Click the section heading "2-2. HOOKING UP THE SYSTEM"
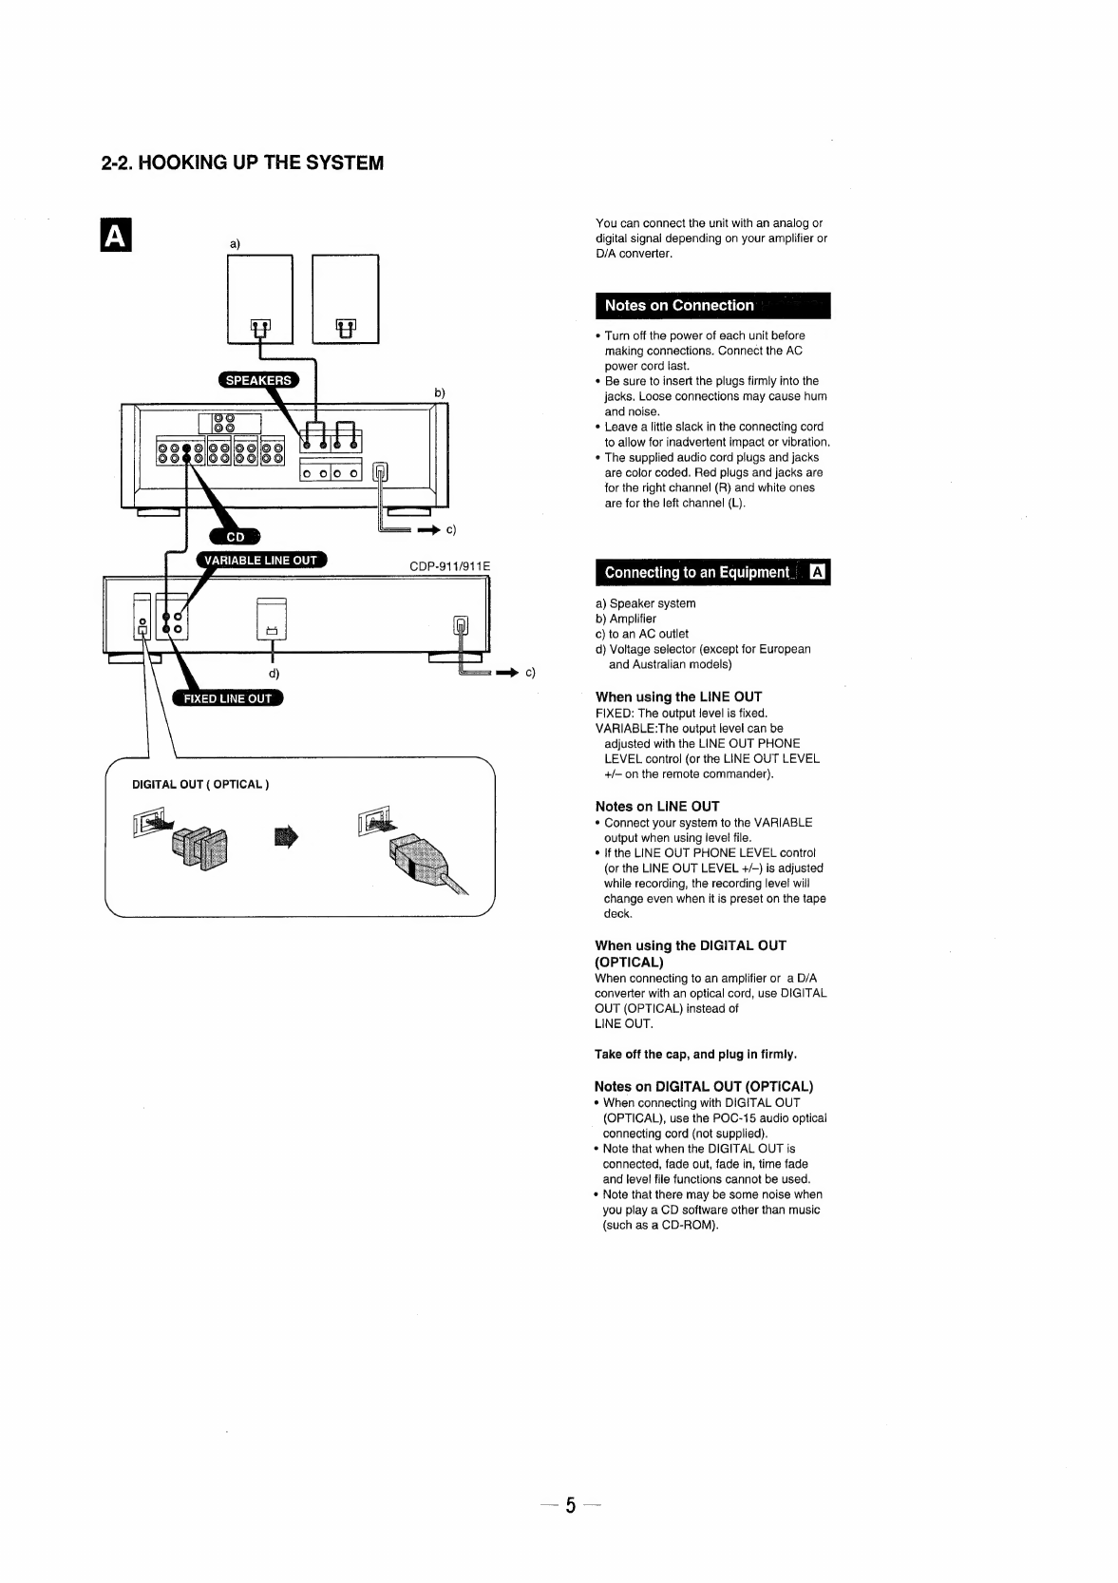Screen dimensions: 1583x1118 (x=242, y=162)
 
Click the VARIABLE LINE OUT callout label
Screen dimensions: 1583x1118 (x=261, y=561)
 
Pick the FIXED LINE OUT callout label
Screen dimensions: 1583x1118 (x=228, y=698)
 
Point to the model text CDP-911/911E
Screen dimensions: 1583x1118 (x=449, y=567)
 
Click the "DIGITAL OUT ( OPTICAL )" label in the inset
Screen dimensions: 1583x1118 (x=200, y=784)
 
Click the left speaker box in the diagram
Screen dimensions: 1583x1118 (x=260, y=298)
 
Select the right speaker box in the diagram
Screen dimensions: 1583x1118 (x=346, y=298)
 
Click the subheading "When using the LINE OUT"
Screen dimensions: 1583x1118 (x=678, y=696)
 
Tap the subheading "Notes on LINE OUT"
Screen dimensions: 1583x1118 (x=656, y=806)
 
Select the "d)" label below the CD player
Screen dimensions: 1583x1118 (x=274, y=674)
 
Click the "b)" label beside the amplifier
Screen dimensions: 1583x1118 (x=440, y=392)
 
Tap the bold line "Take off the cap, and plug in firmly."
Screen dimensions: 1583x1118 (x=695, y=1054)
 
